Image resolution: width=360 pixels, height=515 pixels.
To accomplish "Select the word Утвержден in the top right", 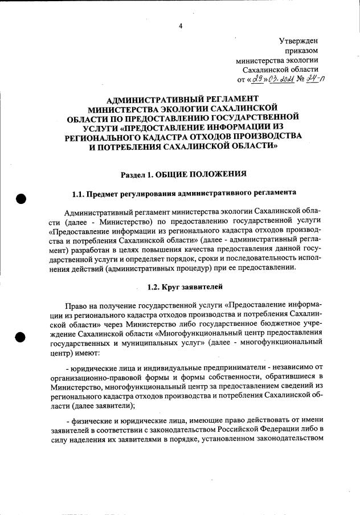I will (298, 41).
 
